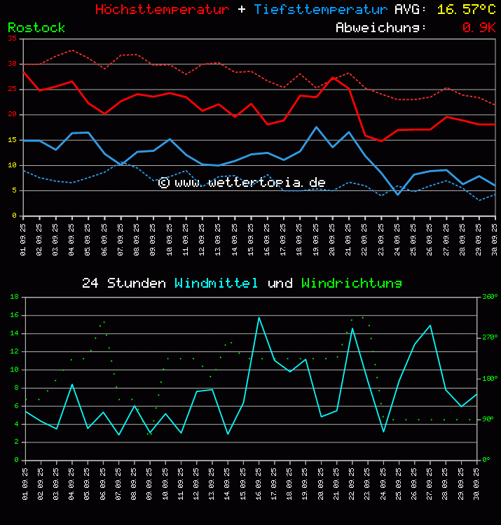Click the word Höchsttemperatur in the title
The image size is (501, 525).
(162, 10)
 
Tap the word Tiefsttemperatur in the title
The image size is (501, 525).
(320, 10)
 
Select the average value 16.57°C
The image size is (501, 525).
(466, 10)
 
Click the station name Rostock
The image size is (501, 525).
(36, 27)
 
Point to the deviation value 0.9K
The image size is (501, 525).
(479, 27)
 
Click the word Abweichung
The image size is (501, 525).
(380, 27)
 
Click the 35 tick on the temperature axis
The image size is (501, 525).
(13, 38)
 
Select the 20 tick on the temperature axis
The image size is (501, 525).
(13, 114)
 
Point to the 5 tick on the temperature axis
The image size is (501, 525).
(15, 190)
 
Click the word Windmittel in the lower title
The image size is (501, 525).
(217, 283)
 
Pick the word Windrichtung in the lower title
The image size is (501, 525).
(352, 283)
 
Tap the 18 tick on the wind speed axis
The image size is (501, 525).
(14, 297)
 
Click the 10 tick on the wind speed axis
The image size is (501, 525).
(14, 370)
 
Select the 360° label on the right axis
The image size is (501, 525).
(489, 297)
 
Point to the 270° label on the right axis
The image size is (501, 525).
(489, 337)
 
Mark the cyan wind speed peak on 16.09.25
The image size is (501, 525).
(259, 317)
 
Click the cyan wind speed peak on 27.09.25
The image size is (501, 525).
(430, 325)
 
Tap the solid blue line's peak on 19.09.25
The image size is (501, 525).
(317, 127)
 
